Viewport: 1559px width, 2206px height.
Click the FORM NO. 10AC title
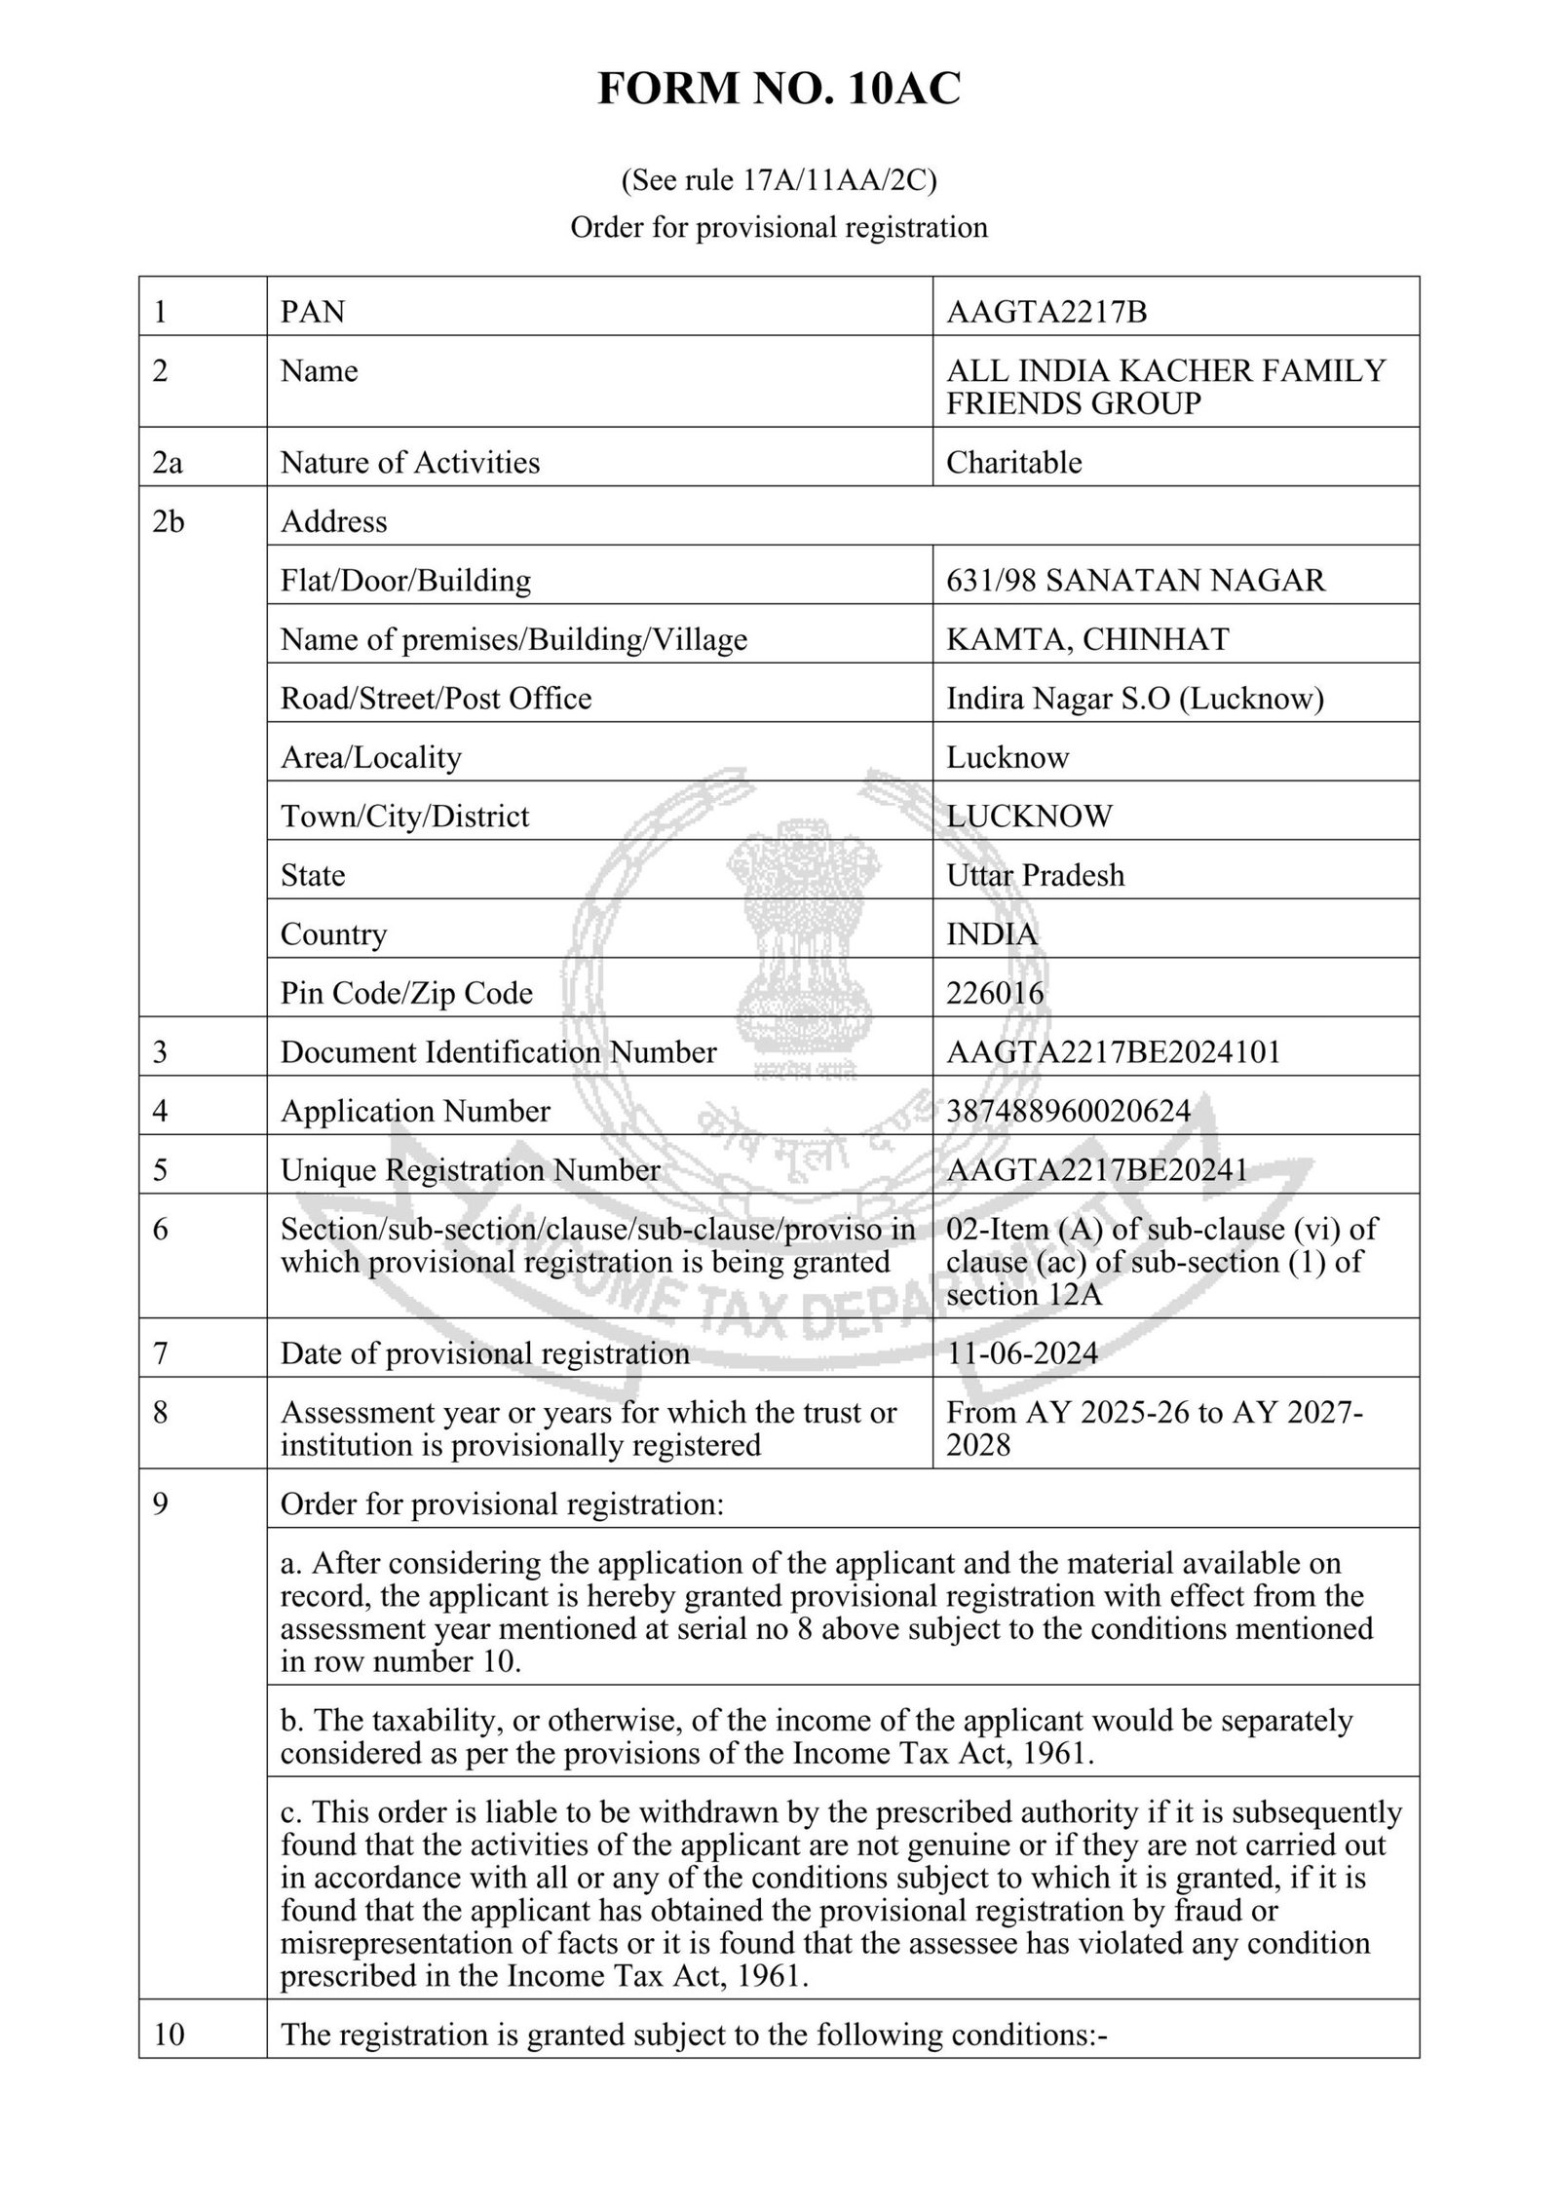779,90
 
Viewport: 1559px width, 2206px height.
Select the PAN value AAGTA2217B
1046,312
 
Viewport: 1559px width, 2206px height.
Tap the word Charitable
1013,462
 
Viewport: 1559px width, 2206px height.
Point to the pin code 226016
994,993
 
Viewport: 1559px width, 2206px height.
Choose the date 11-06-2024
1021,1353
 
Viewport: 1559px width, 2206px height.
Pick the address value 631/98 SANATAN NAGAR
1135,581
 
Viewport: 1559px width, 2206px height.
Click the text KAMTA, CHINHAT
1086,639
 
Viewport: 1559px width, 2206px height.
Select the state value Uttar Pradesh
1035,875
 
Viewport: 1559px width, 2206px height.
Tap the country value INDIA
991,933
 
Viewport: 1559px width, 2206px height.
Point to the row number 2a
168,462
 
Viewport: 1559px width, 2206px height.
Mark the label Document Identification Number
498,1052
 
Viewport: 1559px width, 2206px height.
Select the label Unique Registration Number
470,1170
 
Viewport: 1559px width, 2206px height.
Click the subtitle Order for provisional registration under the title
779,227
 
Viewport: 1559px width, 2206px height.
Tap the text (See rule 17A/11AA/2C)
779,180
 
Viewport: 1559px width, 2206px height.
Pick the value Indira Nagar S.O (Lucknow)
1134,699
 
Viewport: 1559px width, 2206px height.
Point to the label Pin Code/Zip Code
406,993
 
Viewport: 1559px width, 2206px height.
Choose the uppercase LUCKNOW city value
1028,816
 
